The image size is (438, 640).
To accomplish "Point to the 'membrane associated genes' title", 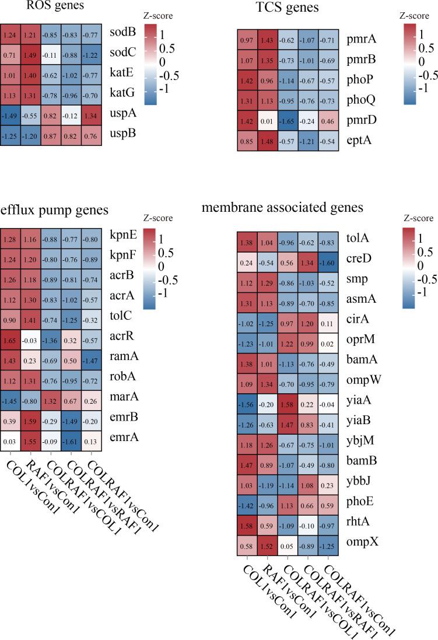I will [x=282, y=207].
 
